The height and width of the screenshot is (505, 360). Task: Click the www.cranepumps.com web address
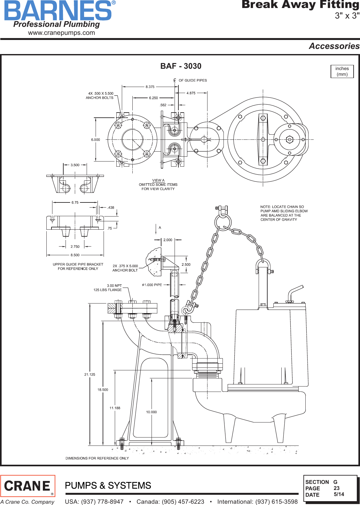(61, 33)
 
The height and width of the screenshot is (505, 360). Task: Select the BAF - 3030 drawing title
(181, 66)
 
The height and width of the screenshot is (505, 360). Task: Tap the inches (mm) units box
(342, 71)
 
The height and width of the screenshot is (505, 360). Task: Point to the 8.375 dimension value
(150, 87)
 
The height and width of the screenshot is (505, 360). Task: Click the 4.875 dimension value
(191, 93)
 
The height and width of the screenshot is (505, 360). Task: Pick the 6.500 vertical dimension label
(95, 140)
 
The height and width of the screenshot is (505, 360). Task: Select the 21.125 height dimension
(90, 375)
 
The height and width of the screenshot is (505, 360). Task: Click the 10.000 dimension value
(151, 412)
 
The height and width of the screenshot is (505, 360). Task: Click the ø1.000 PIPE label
(152, 285)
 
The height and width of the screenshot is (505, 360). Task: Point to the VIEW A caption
(158, 180)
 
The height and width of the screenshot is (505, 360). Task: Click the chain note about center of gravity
(284, 213)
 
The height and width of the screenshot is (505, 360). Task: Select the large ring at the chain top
(223, 222)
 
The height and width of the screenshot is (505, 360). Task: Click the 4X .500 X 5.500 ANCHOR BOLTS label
(100, 96)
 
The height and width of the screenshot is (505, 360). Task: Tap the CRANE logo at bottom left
(28, 486)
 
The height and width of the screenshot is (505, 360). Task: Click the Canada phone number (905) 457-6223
(170, 501)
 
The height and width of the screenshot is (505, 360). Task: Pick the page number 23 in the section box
(336, 488)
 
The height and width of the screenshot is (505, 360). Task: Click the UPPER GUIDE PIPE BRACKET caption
(78, 266)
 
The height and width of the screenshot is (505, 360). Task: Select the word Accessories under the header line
(334, 46)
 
